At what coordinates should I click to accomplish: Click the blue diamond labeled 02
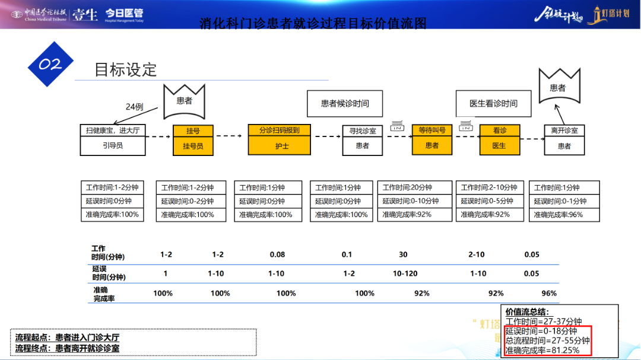[50, 64]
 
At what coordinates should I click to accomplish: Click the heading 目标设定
[126, 69]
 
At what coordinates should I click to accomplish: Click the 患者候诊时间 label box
[345, 103]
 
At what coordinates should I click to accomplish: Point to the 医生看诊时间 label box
[493, 103]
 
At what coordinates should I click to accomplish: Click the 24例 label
[135, 107]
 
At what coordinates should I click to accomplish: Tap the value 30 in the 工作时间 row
[403, 254]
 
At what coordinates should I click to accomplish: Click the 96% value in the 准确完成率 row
[549, 293]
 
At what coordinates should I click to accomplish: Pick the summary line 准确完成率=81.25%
[542, 350]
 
